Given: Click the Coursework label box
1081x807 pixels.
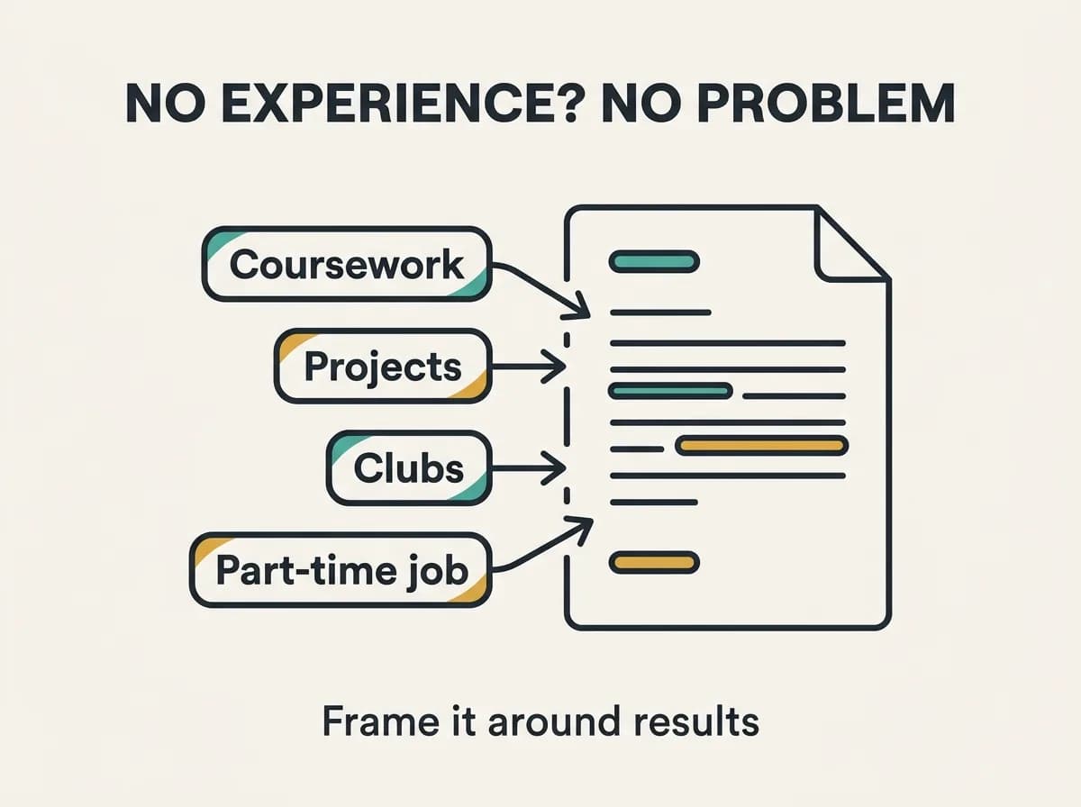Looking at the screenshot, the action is (347, 264).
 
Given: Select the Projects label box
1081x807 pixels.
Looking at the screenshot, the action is (383, 366).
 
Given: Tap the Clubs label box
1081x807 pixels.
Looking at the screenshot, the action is (409, 467).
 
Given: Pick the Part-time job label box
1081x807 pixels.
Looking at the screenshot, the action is (341, 570).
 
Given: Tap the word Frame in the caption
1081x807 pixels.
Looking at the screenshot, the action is (381, 721).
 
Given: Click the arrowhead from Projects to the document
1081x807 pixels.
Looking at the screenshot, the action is (553, 367).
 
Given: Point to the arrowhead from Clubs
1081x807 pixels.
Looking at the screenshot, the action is (553, 467).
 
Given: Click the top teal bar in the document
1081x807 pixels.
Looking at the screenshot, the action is (654, 261).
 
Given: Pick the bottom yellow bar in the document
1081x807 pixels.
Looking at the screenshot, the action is (654, 562).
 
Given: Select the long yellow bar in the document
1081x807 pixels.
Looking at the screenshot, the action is (762, 446).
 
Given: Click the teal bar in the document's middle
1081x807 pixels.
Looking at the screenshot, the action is (670, 392).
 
